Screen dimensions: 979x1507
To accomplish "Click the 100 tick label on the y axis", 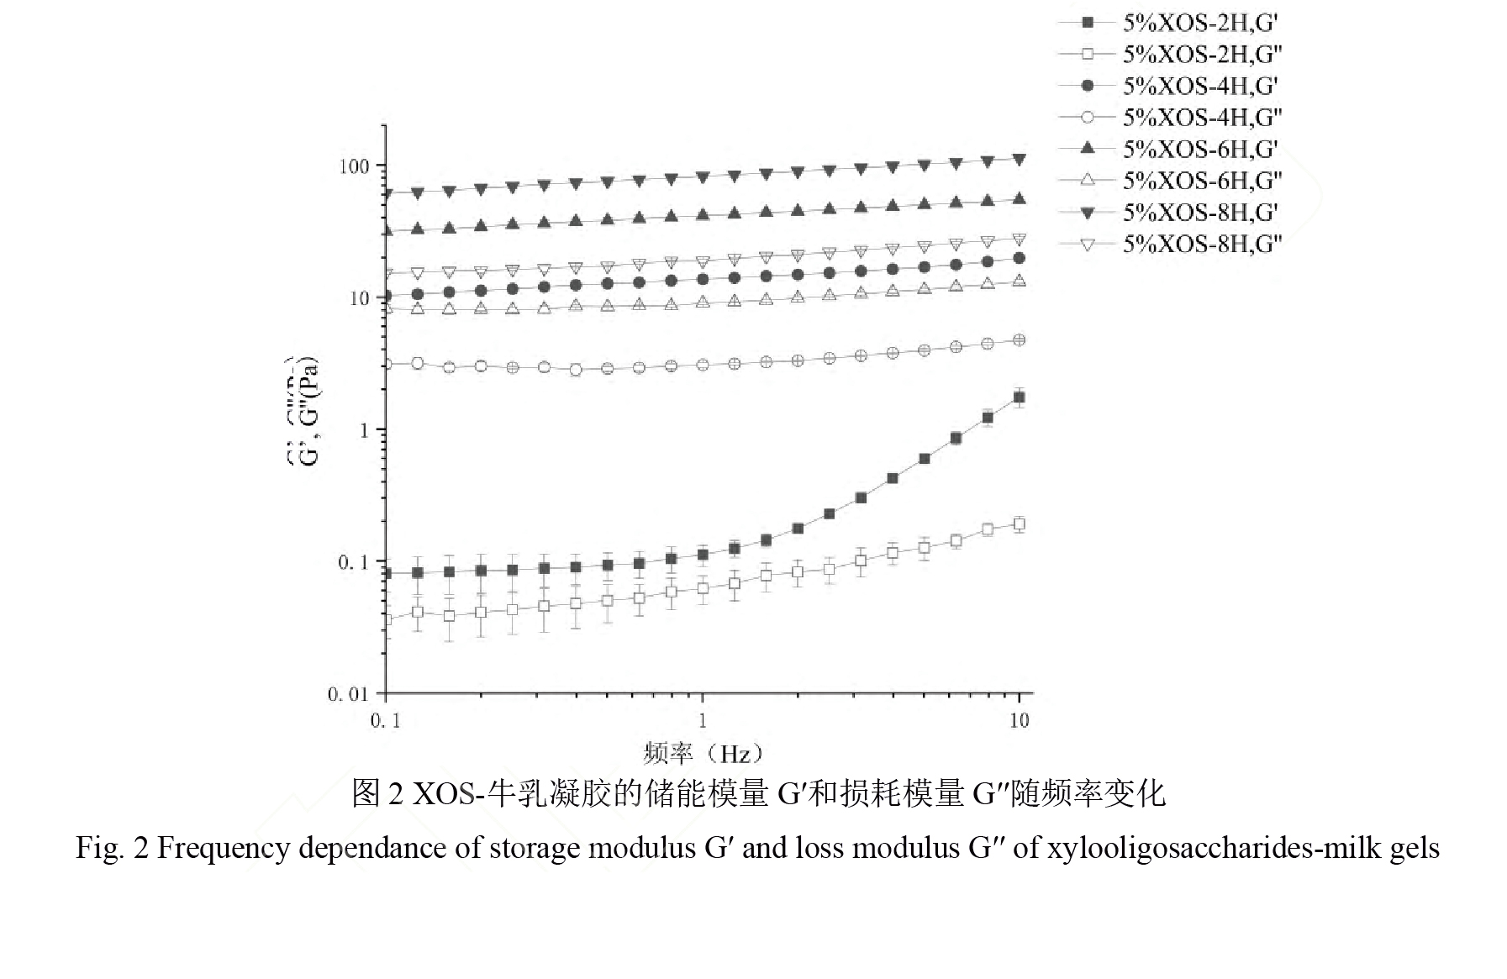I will [x=354, y=166].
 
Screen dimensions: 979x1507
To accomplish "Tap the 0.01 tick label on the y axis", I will [x=348, y=694].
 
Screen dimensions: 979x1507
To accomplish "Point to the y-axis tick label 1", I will [x=364, y=430].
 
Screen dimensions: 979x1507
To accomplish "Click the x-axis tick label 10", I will [x=1019, y=721].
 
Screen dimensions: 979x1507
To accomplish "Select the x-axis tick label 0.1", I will [x=385, y=721].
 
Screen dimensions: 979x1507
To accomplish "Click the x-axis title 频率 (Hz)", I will [x=703, y=752].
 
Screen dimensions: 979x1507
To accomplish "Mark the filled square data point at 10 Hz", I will [x=1020, y=397].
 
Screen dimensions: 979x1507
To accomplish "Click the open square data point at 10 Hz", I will [x=1020, y=524].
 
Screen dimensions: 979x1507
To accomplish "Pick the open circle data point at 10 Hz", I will [x=1020, y=340].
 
